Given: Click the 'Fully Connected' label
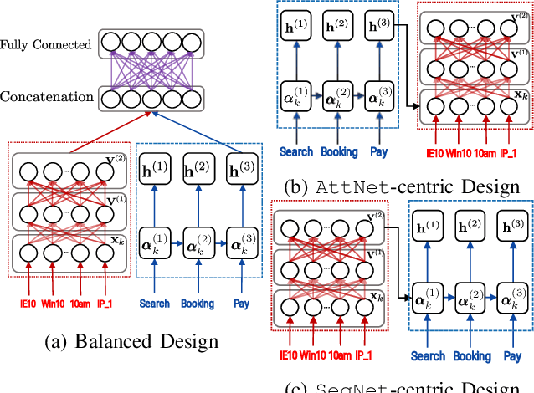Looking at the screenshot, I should point(46,42).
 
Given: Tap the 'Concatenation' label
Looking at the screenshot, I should point(47,98).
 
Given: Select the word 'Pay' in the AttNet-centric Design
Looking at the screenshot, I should point(378,152).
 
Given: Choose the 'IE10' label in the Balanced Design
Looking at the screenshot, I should point(28,304).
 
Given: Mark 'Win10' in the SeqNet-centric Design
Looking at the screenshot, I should point(310,356).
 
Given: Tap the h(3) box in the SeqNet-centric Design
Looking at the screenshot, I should point(507,226).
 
